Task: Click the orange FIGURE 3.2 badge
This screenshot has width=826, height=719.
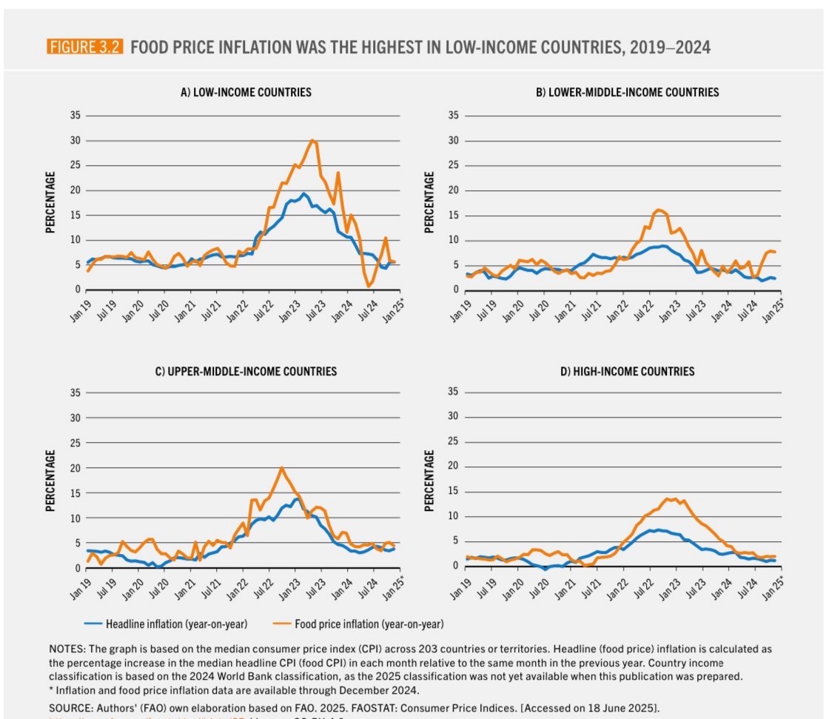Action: click(86, 48)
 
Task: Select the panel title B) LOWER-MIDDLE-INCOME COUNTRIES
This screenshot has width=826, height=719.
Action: click(627, 93)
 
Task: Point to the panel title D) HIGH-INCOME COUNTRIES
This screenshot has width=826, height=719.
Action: click(627, 371)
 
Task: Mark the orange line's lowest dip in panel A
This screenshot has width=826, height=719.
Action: click(369, 286)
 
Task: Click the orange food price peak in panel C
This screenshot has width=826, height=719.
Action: click(281, 468)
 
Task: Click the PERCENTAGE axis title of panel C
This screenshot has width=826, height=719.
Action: click(51, 481)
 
